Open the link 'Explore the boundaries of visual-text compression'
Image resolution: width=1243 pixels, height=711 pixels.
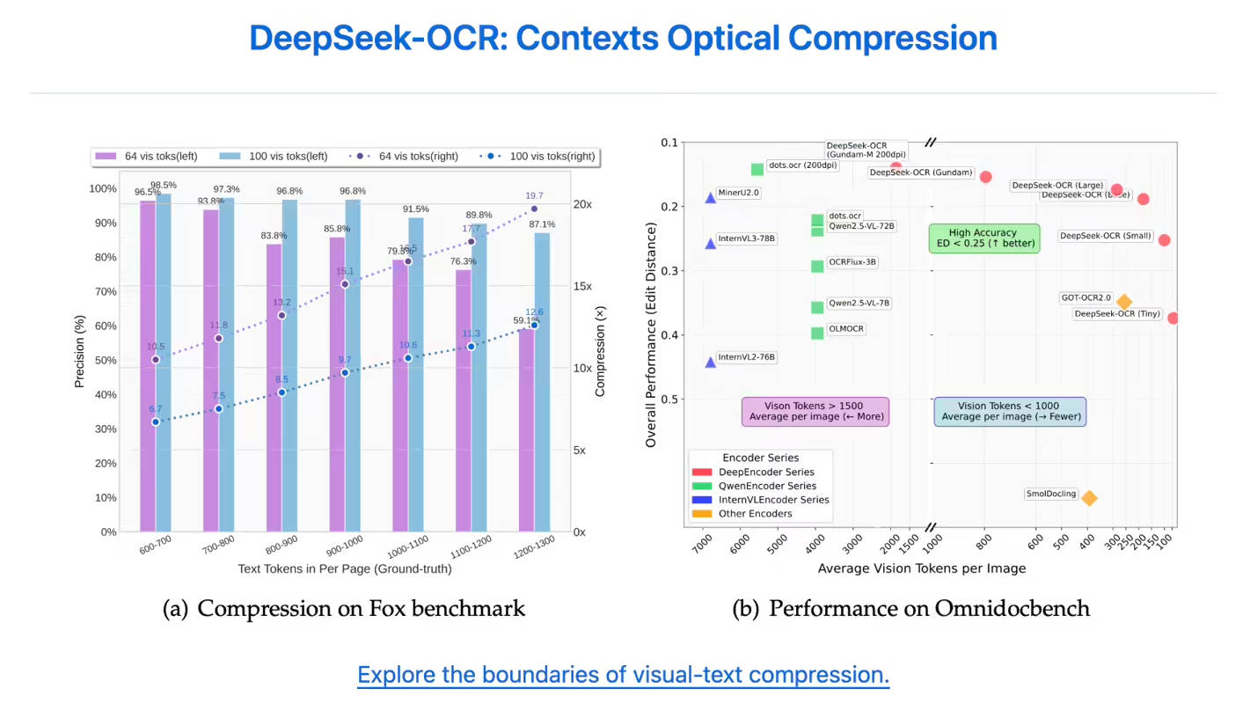tap(623, 675)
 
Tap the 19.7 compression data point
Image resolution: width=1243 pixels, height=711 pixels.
tap(534, 209)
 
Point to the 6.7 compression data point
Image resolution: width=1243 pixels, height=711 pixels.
tap(156, 422)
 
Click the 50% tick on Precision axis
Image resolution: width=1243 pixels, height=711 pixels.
tap(104, 361)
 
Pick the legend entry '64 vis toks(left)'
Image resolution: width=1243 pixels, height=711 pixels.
tap(146, 157)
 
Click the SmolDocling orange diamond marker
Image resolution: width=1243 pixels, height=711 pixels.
tap(1089, 498)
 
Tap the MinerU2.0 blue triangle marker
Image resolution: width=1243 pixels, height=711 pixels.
tap(711, 198)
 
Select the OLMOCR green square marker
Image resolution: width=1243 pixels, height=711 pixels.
tap(817, 333)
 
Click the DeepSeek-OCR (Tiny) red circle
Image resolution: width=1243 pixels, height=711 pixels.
tap(1173, 318)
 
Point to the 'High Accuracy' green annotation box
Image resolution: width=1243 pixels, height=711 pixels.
tap(984, 238)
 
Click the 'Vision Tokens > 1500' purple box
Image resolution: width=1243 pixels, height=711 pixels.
tap(815, 411)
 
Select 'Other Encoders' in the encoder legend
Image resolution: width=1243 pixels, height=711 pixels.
tap(755, 514)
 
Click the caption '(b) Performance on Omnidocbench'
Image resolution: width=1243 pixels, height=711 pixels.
tap(910, 609)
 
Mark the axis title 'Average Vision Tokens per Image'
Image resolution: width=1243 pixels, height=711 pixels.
tap(921, 568)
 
